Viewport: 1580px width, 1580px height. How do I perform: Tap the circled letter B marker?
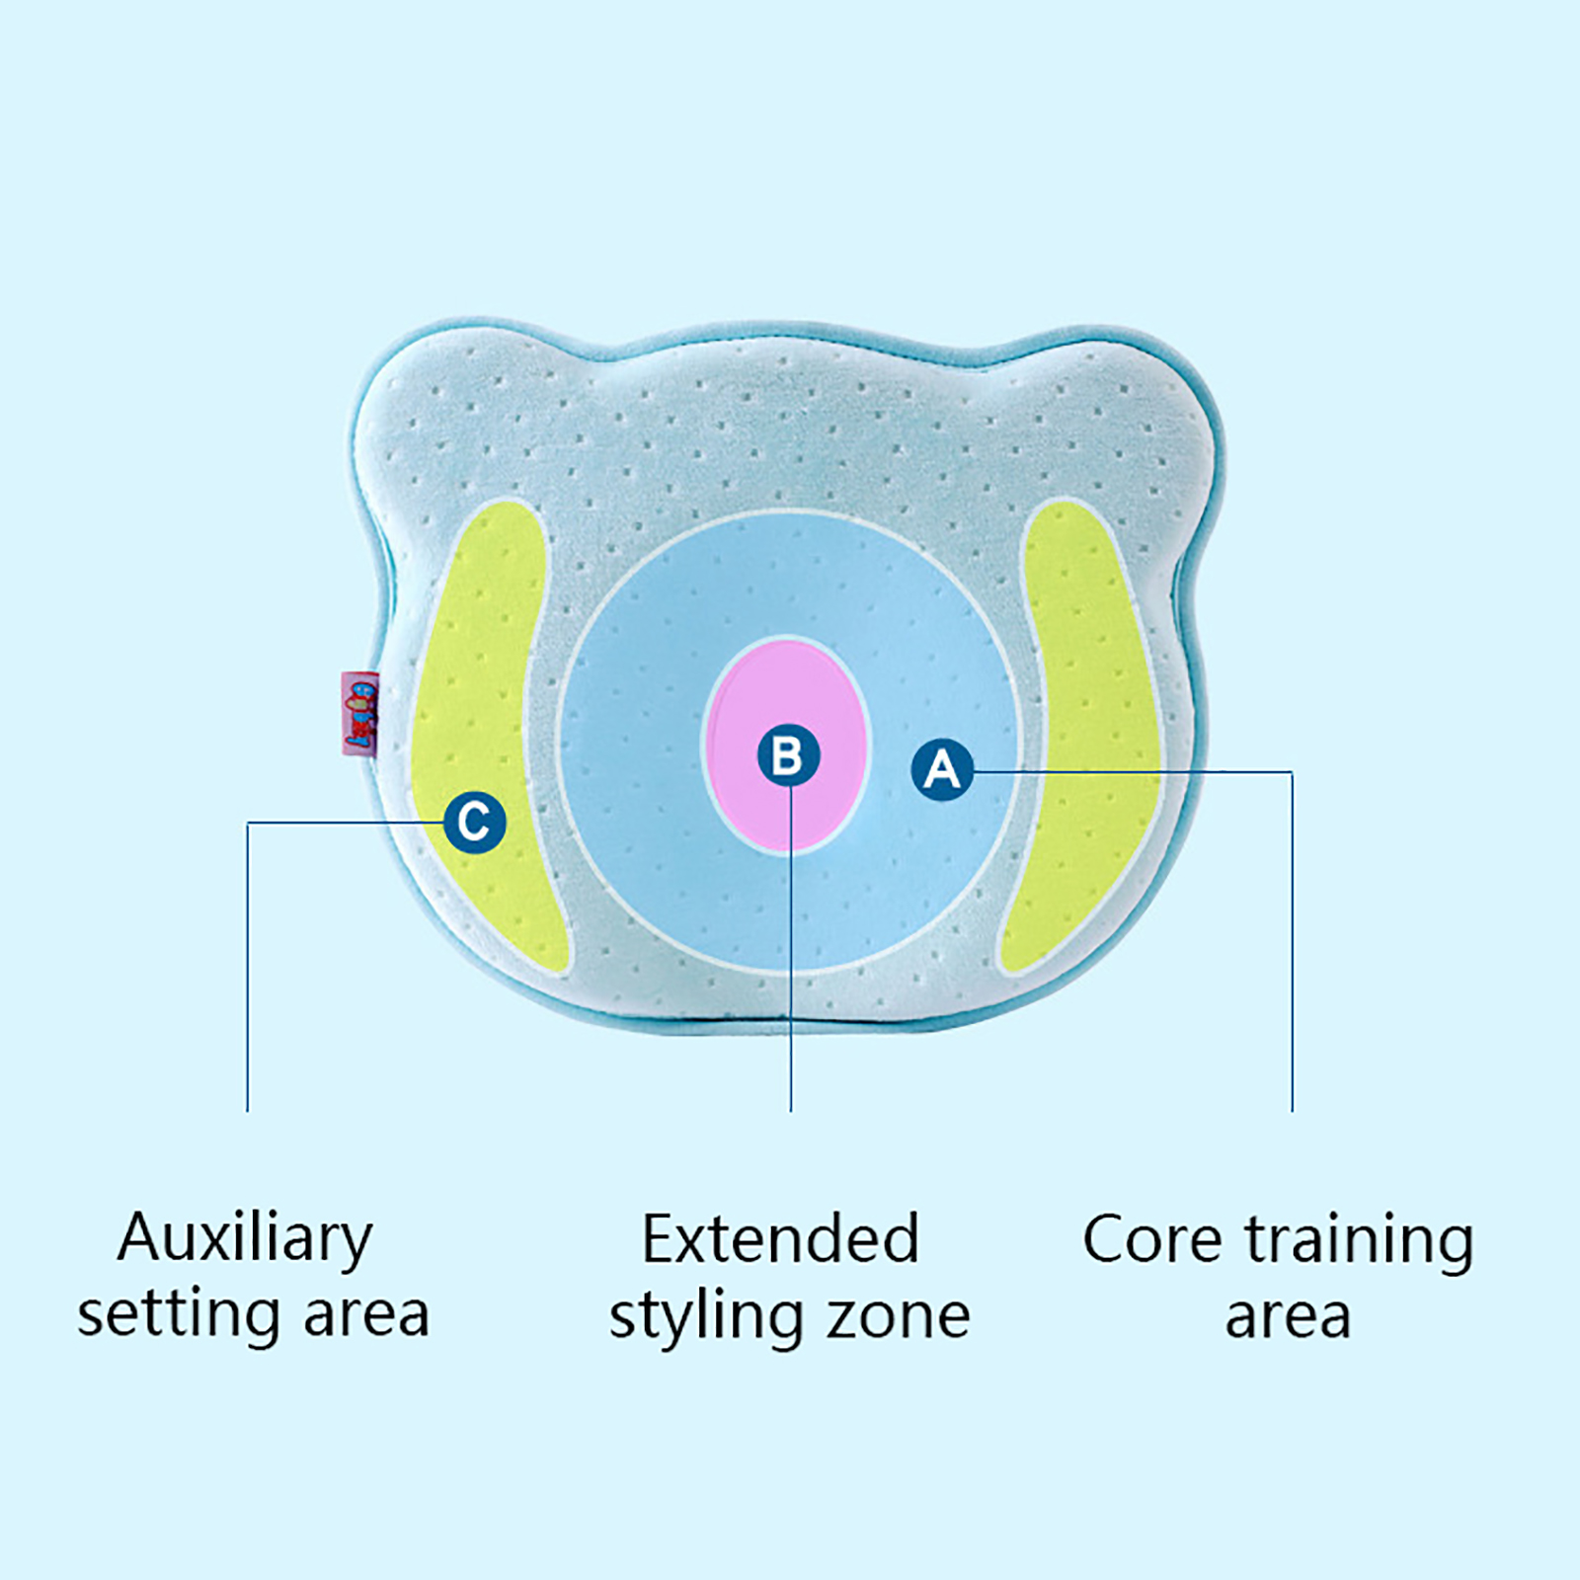click(788, 755)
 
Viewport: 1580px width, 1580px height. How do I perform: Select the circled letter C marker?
click(475, 822)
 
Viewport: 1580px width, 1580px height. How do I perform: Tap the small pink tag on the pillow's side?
click(359, 713)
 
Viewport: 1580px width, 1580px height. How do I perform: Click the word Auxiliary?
click(245, 1239)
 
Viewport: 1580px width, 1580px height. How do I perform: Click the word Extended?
click(780, 1239)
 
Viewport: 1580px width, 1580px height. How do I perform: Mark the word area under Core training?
click(1288, 1317)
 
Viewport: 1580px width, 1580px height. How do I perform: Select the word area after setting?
click(366, 1315)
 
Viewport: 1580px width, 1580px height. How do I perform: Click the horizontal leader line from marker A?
click(1136, 771)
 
